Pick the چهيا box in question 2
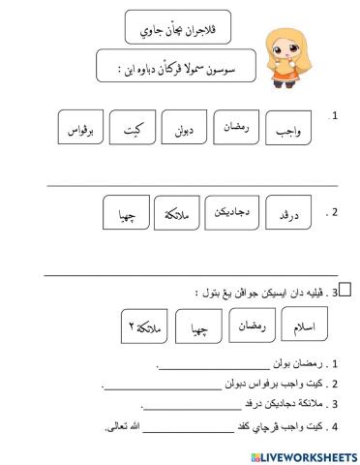coord(126,211)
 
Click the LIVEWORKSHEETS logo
coord(301,455)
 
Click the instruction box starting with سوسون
coord(171,69)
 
